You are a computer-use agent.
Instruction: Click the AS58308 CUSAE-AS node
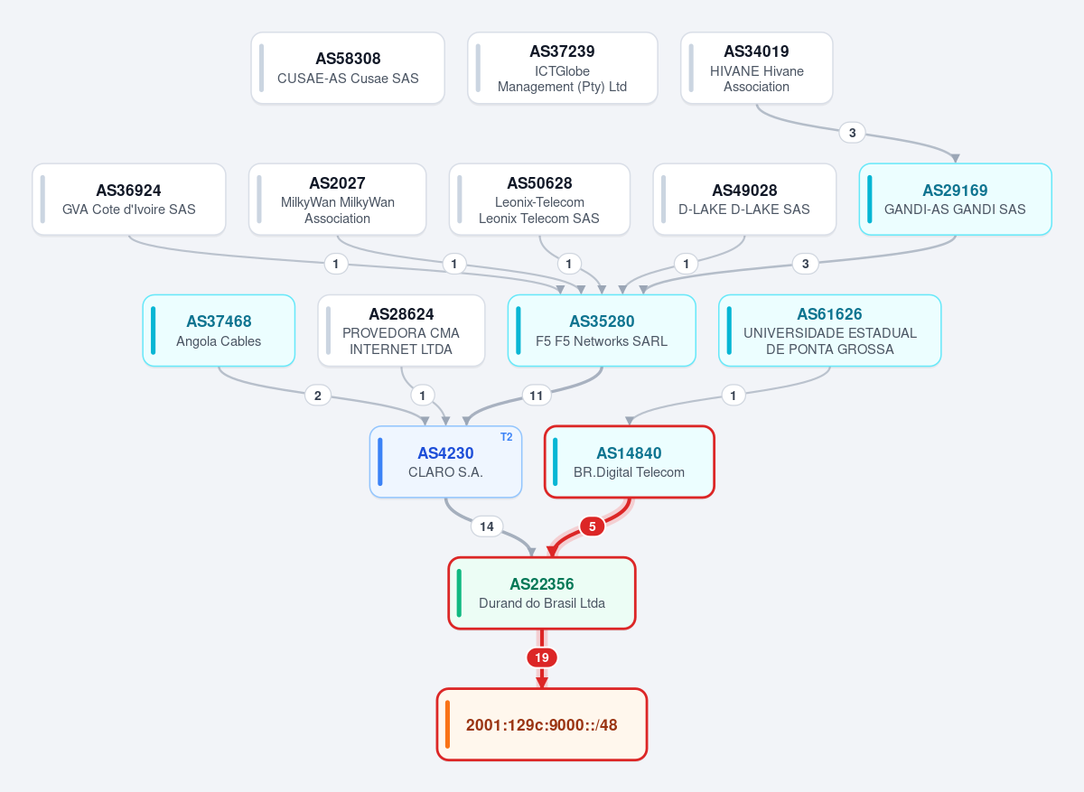[x=348, y=68]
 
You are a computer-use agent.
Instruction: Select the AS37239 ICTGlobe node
[x=562, y=68]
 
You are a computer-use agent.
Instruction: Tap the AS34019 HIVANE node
[x=756, y=68]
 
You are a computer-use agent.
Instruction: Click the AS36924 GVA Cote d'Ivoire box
[x=128, y=200]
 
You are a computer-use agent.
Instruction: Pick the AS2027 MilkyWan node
[x=337, y=200]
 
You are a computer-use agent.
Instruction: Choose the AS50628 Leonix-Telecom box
[x=539, y=200]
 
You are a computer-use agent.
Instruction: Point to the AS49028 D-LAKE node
[x=744, y=200]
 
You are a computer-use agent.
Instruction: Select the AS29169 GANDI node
[x=956, y=200]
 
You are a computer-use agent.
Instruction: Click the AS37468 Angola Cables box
[x=219, y=331]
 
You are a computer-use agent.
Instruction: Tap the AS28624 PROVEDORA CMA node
[x=401, y=331]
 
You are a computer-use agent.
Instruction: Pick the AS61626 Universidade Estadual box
[x=830, y=331]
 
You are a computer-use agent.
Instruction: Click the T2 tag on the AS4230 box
[x=506, y=437]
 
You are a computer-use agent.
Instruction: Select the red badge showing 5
[x=592, y=526]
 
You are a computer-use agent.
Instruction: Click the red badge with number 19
[x=542, y=657]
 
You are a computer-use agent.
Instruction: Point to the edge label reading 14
[x=487, y=526]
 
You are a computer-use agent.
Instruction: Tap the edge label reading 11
[x=537, y=396]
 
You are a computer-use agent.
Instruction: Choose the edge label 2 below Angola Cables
[x=317, y=396]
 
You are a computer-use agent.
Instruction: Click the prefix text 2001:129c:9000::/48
[x=541, y=725]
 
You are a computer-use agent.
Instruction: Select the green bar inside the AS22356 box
[x=459, y=593]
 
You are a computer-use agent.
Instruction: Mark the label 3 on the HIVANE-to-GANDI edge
[x=852, y=133]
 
